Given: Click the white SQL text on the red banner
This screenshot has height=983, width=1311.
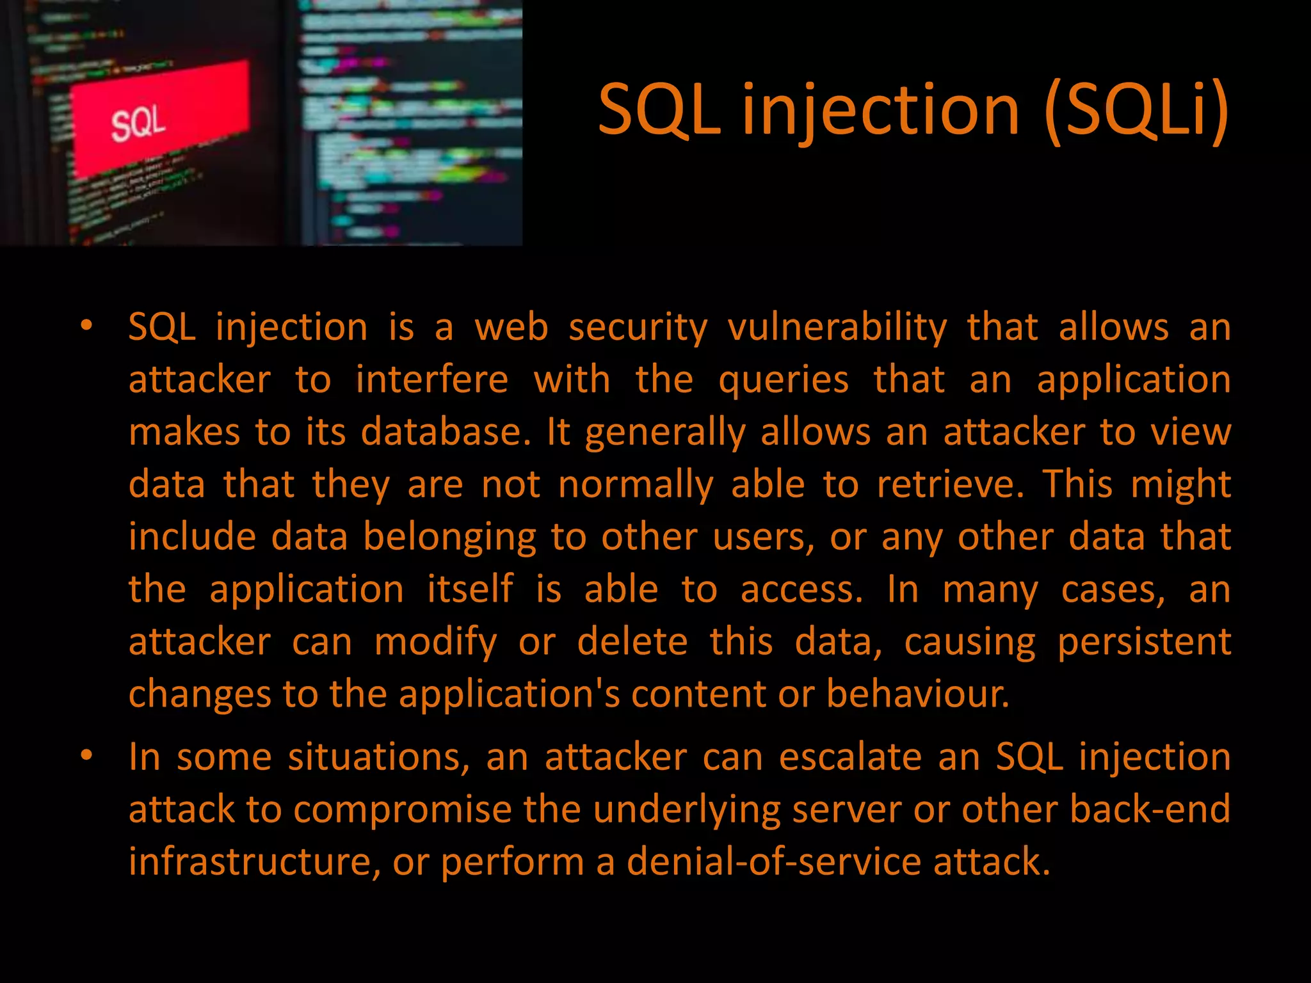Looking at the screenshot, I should pyautogui.click(x=138, y=124).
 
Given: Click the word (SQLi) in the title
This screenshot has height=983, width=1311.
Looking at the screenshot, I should pyautogui.click(x=1136, y=110).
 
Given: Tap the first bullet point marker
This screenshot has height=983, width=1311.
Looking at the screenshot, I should pyautogui.click(x=86, y=326).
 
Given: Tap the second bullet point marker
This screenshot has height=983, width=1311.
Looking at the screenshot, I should pyautogui.click(x=86, y=756).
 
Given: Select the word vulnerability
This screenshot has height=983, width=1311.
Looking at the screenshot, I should pyautogui.click(x=837, y=328).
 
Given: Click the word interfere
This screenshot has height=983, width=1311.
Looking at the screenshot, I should pyautogui.click(x=432, y=380).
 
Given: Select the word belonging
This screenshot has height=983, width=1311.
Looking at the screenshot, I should pyautogui.click(x=449, y=537).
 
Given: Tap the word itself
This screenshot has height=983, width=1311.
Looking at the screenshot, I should pyautogui.click(x=470, y=589).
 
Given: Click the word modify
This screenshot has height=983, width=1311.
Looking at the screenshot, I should pyautogui.click(x=435, y=642).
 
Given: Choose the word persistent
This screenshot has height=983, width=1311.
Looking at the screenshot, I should pyautogui.click(x=1144, y=642).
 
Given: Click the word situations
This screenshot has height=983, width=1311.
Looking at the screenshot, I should pyautogui.click(x=378, y=758).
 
